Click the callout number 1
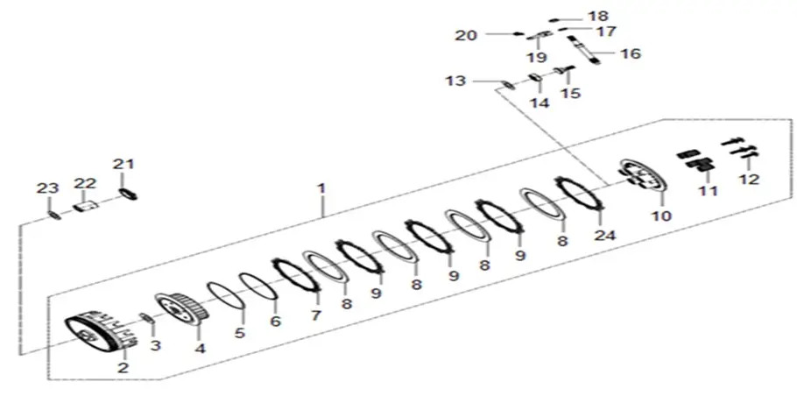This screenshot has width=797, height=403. (x=321, y=188)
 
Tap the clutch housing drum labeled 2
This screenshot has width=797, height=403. (x=102, y=332)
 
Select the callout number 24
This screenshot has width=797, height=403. (x=605, y=235)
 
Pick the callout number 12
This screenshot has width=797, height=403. (x=749, y=179)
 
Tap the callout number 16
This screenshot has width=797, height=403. (x=631, y=53)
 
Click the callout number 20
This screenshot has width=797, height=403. (x=466, y=36)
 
